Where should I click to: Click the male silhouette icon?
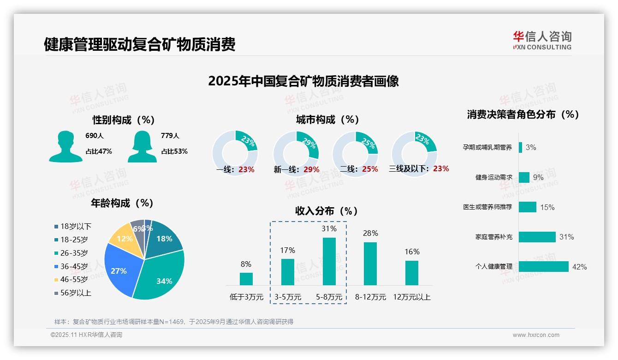pyautogui.click(x=65, y=146)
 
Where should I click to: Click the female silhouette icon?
pyautogui.click(x=142, y=146)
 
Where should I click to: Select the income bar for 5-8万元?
pyautogui.click(x=329, y=261)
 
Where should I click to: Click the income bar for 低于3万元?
pyautogui.click(x=246, y=279)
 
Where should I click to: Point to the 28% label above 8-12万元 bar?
pyautogui.click(x=370, y=233)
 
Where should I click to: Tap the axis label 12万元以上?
pyautogui.click(x=411, y=297)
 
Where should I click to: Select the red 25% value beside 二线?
pyautogui.click(x=370, y=169)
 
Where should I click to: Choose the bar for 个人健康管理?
pyautogui.click(x=543, y=267)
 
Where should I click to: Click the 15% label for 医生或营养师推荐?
pyautogui.click(x=547, y=207)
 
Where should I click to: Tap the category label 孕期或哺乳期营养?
pyautogui.click(x=487, y=148)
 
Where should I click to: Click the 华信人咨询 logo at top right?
pyautogui.click(x=542, y=40)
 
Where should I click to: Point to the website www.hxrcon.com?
pyautogui.click(x=536, y=335)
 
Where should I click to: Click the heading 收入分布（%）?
pyautogui.click(x=327, y=211)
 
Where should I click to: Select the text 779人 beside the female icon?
pyautogui.click(x=170, y=136)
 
